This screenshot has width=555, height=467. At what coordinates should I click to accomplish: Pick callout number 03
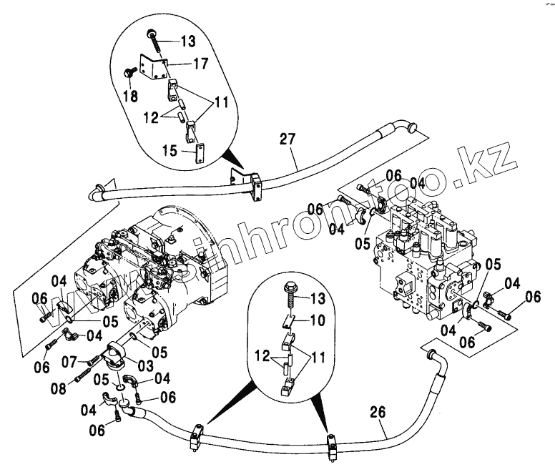(x=145, y=365)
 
